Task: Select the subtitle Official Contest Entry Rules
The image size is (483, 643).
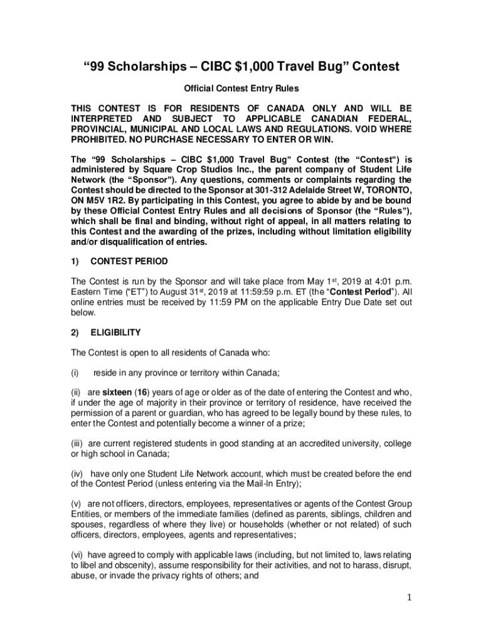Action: [241, 89]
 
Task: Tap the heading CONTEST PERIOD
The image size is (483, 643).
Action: [129, 261]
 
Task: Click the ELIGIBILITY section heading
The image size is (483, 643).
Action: [115, 332]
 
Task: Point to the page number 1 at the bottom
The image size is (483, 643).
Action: [408, 597]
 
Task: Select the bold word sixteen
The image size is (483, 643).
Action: [117, 392]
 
